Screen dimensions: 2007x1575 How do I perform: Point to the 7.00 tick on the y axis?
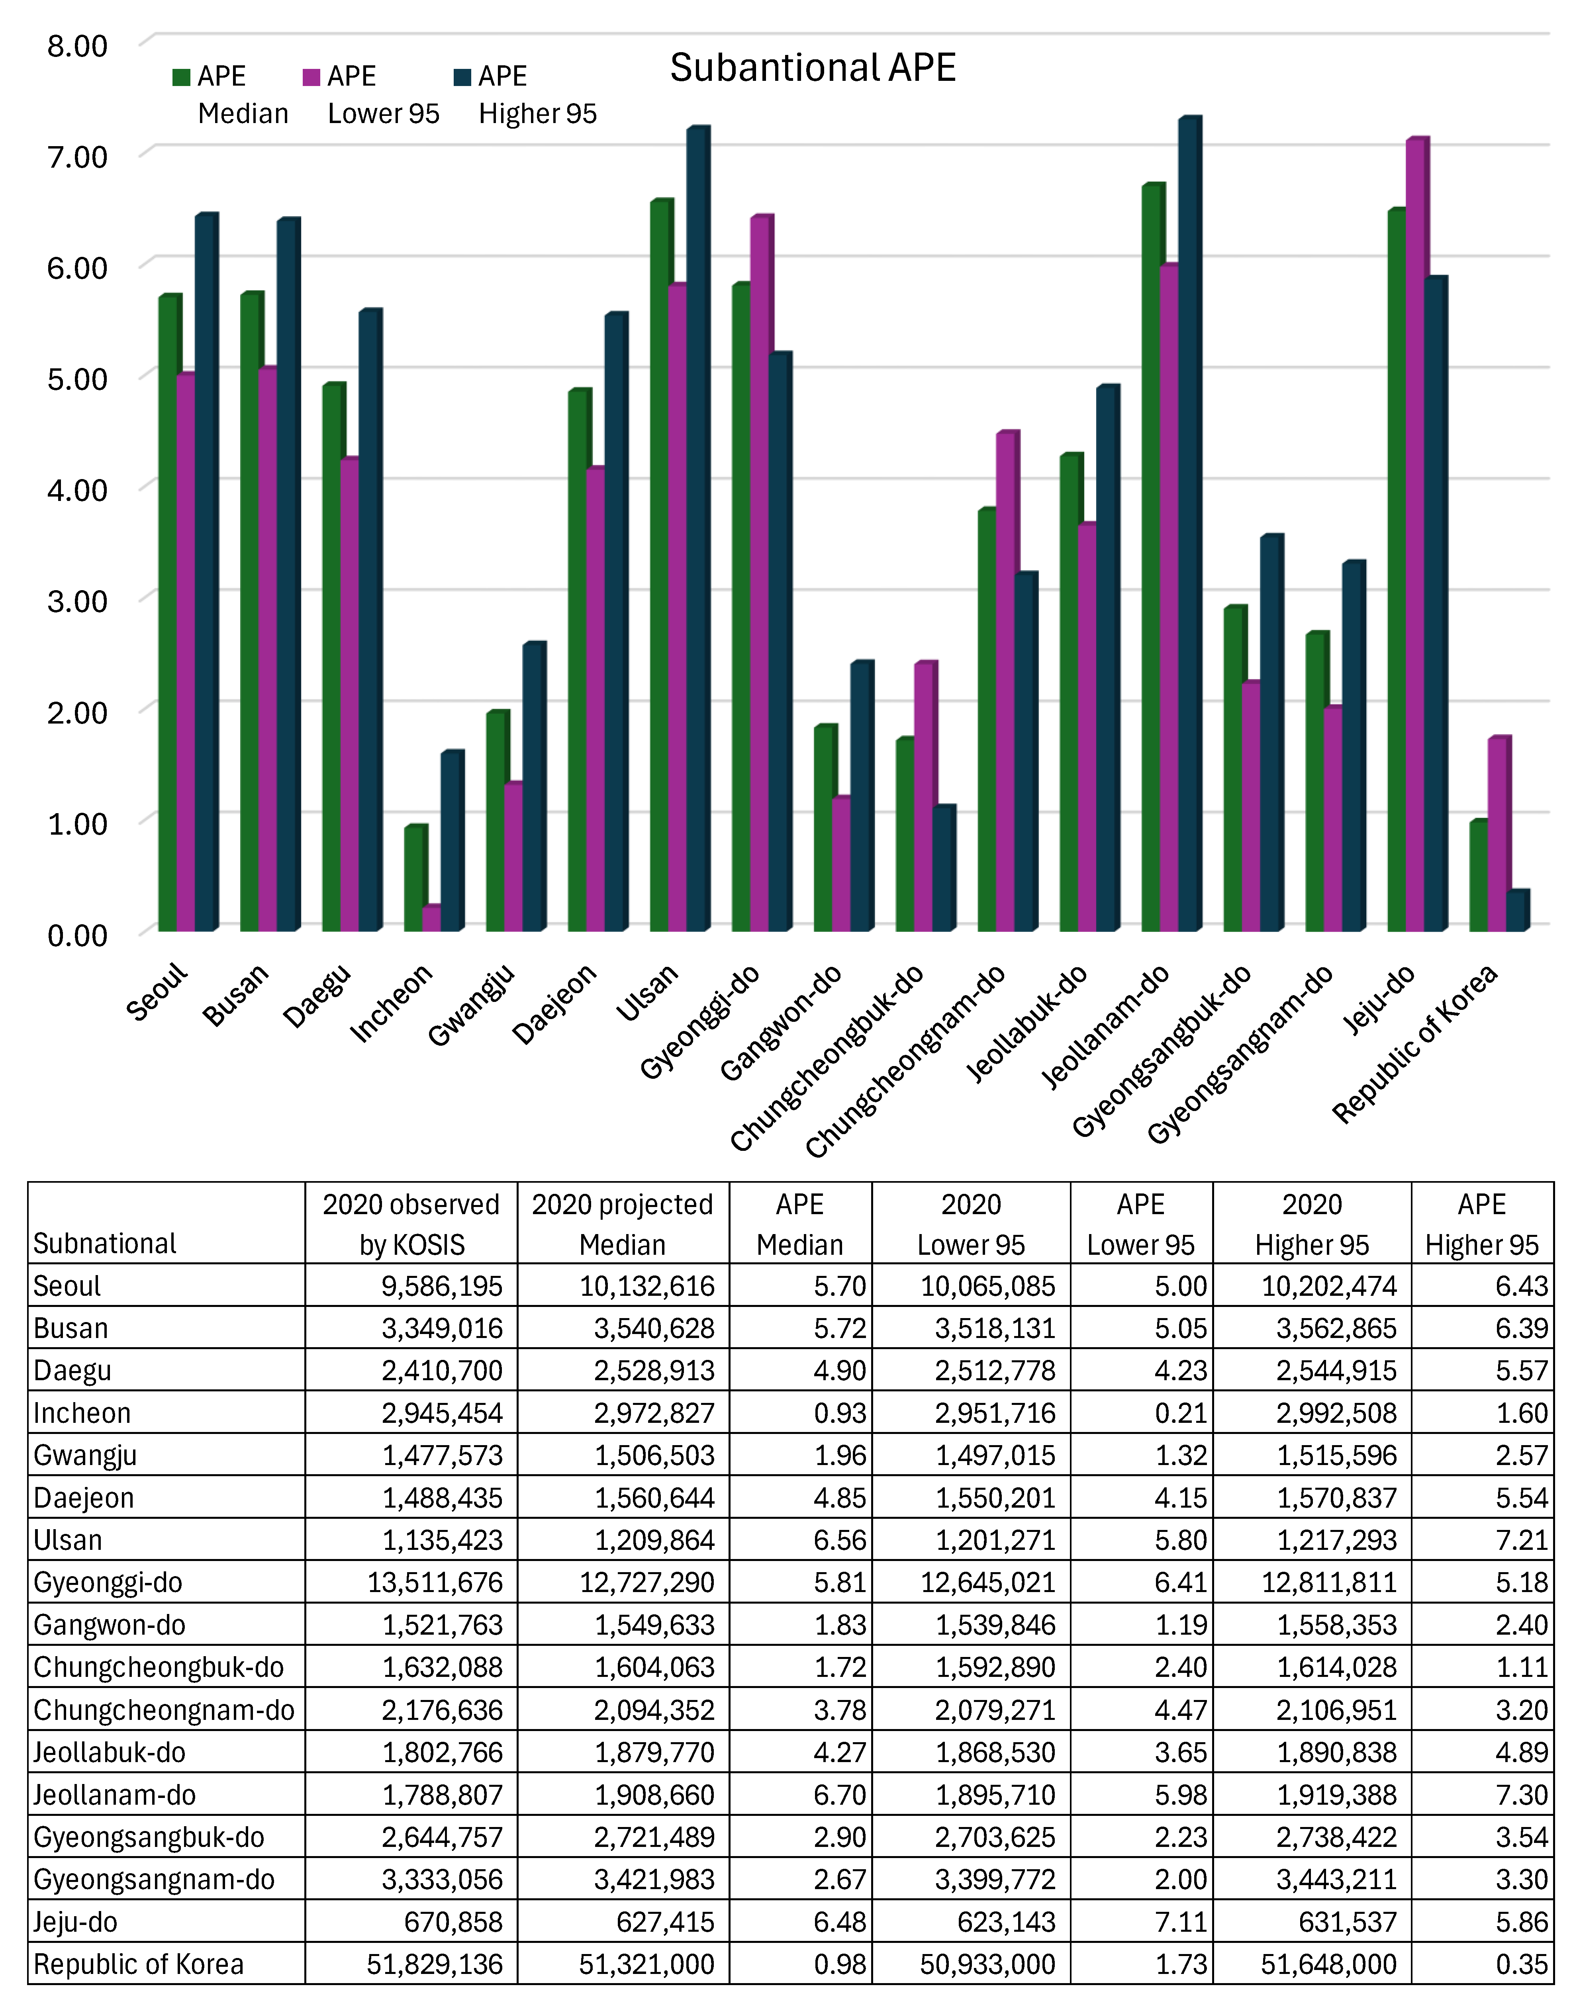[x=77, y=157]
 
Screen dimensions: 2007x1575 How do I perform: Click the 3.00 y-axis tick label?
[x=77, y=601]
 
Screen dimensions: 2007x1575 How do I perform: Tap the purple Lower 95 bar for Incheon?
[x=430, y=918]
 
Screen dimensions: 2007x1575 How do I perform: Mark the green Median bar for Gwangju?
[x=496, y=820]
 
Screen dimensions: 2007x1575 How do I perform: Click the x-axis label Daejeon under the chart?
[x=554, y=1004]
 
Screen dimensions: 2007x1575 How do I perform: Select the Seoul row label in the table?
[x=67, y=1286]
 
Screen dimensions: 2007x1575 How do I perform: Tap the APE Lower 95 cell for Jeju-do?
[x=1181, y=1922]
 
